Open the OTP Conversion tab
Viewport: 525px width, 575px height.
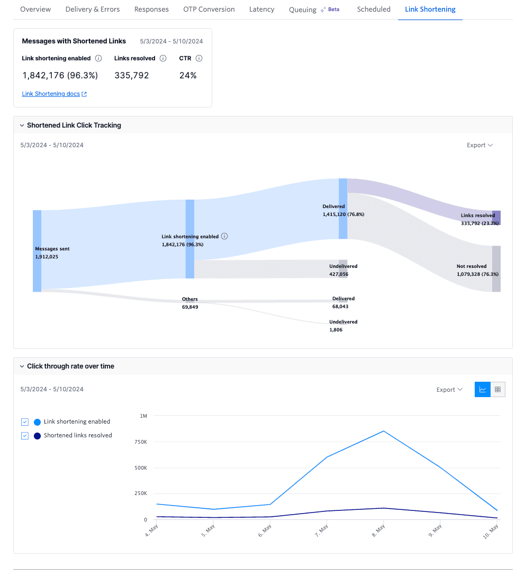pyautogui.click(x=209, y=10)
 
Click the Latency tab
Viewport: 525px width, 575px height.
pyautogui.click(x=261, y=10)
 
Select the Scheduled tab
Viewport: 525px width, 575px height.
pyautogui.click(x=374, y=10)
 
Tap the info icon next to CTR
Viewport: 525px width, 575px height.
pyautogui.click(x=199, y=59)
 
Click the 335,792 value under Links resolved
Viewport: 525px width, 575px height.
pyautogui.click(x=132, y=76)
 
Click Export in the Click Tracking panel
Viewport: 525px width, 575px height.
pyautogui.click(x=479, y=145)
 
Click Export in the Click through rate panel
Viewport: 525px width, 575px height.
pyautogui.click(x=449, y=390)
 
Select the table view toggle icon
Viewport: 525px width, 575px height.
pyautogui.click(x=497, y=390)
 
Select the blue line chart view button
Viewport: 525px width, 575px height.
pyautogui.click(x=483, y=390)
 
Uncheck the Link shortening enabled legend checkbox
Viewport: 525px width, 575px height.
pyautogui.click(x=25, y=422)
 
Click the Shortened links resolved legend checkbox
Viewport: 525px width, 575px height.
pyautogui.click(x=25, y=436)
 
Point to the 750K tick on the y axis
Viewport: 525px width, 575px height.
pyautogui.click(x=140, y=442)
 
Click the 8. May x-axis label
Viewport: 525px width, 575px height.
pyautogui.click(x=378, y=529)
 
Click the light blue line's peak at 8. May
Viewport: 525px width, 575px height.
pyautogui.click(x=384, y=431)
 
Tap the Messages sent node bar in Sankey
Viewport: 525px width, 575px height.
pyautogui.click(x=37, y=251)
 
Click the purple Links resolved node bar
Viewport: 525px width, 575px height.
pyautogui.click(x=496, y=218)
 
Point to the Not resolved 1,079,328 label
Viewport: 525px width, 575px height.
pyautogui.click(x=477, y=271)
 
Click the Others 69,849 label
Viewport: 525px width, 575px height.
pyautogui.click(x=190, y=303)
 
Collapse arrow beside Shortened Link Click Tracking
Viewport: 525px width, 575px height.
pyautogui.click(x=22, y=126)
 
